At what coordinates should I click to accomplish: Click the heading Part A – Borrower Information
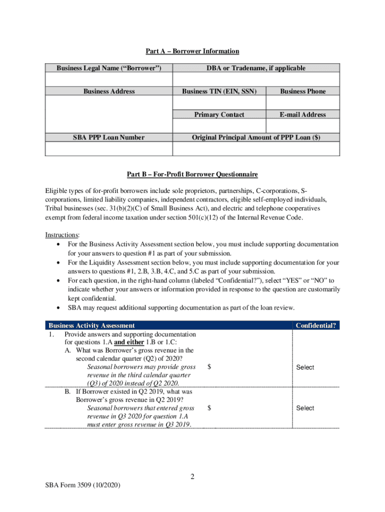coord(192,51)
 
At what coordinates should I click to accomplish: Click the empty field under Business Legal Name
coord(108,80)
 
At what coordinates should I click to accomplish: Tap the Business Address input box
coord(108,113)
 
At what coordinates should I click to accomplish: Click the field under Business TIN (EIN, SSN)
coord(219,102)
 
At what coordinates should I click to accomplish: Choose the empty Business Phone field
coord(302,102)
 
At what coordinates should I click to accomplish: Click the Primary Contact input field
coord(219,125)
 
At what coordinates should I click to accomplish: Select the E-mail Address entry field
coord(302,125)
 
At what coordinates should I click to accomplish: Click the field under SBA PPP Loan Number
coord(108,149)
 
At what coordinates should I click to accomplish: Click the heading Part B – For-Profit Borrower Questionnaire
coord(192,174)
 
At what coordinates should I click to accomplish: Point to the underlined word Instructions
coord(62,234)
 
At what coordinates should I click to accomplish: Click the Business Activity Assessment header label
coord(91,325)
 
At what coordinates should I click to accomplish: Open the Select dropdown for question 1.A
coord(305,367)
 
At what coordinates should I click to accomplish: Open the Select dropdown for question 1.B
coord(305,408)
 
